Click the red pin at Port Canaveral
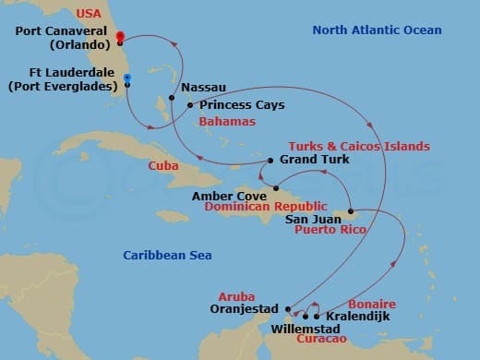119,38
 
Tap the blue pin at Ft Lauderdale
126,78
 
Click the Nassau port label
203,88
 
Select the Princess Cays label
234,105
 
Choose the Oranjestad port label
243,311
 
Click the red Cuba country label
163,166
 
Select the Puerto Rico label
329,230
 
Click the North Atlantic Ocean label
377,30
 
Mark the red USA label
89,14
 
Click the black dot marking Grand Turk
265,161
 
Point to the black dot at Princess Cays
189,105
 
